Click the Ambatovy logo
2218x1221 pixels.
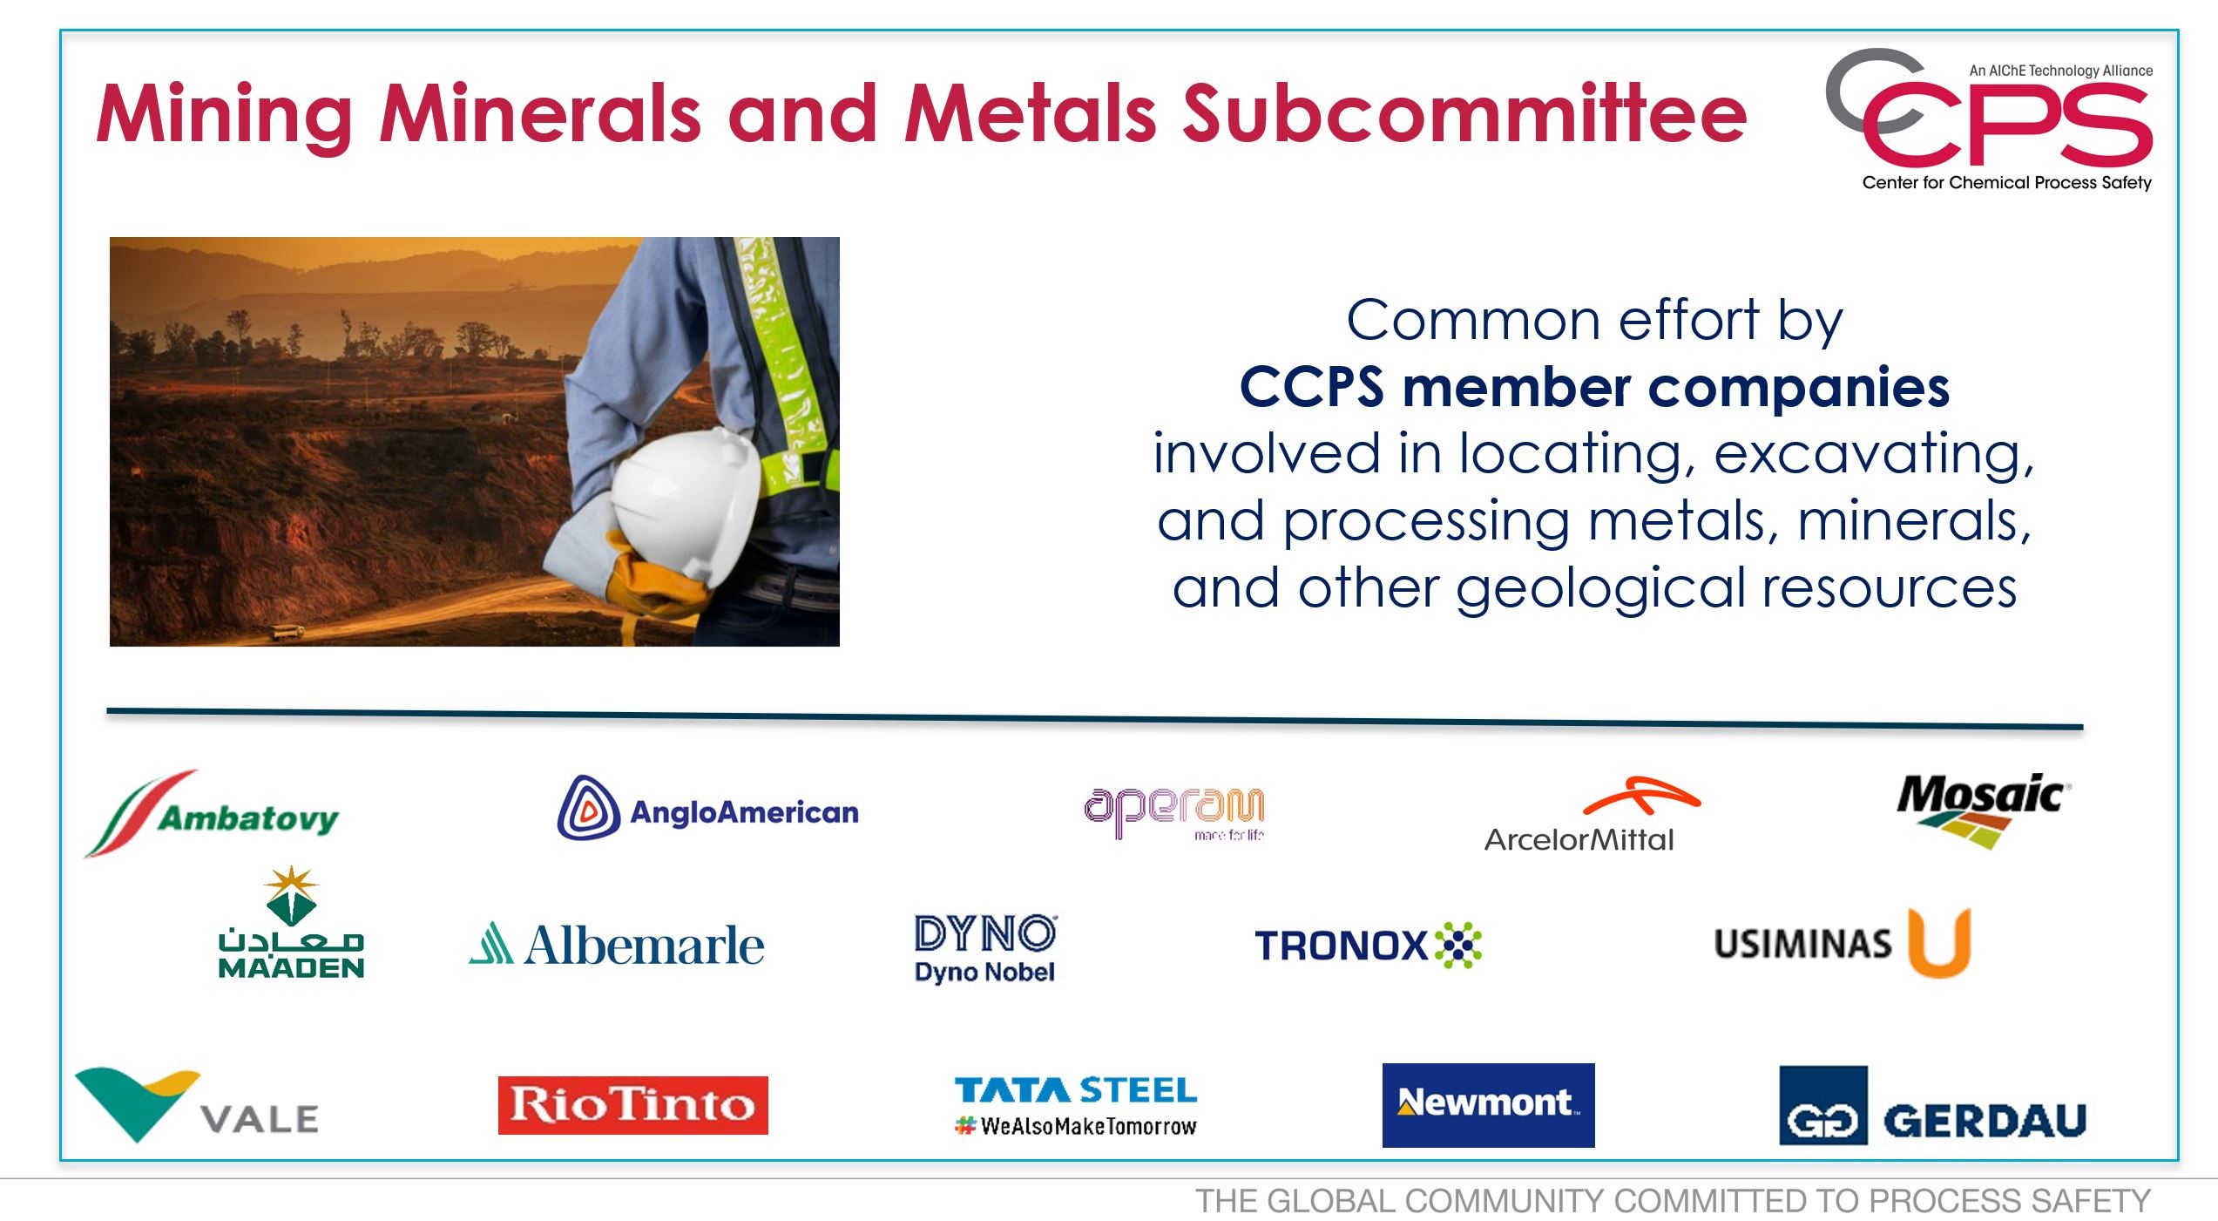(212, 814)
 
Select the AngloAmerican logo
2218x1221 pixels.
(707, 808)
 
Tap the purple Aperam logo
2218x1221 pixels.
(1174, 812)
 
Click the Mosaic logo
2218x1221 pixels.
(1982, 811)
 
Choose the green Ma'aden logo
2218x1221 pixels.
(291, 922)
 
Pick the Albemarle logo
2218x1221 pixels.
(616, 945)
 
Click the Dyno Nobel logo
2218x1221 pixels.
(985, 948)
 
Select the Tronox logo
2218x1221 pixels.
(1368, 945)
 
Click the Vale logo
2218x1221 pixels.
(197, 1103)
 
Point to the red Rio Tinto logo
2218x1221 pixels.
(633, 1105)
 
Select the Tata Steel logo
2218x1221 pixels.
(1076, 1106)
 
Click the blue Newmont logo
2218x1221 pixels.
(1488, 1104)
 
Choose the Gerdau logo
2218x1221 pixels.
(1932, 1106)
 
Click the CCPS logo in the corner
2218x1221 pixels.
(1990, 119)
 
